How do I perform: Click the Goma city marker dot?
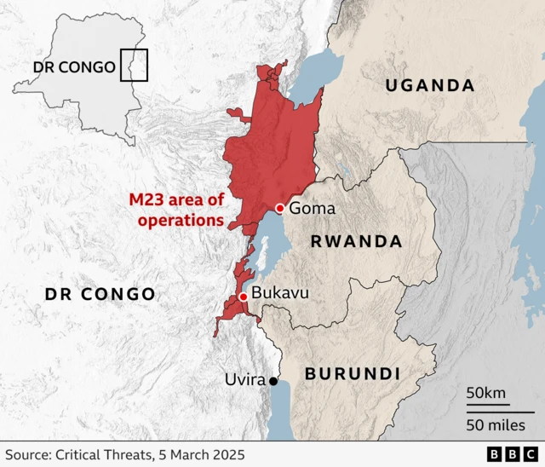(279, 209)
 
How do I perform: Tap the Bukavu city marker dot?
(244, 297)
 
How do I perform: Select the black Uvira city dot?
(273, 381)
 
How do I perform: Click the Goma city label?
(313, 209)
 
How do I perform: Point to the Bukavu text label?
(280, 293)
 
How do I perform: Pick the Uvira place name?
(245, 379)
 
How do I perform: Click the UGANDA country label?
(429, 85)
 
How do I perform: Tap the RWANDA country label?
(356, 241)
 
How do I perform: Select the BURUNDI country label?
(352, 373)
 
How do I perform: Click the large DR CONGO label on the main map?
(100, 294)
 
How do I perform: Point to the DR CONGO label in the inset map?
(74, 66)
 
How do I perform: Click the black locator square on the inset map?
(134, 66)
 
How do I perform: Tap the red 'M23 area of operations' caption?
(176, 210)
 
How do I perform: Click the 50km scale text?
(486, 393)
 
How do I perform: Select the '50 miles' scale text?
(500, 424)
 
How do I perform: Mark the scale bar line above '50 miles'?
(500, 411)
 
